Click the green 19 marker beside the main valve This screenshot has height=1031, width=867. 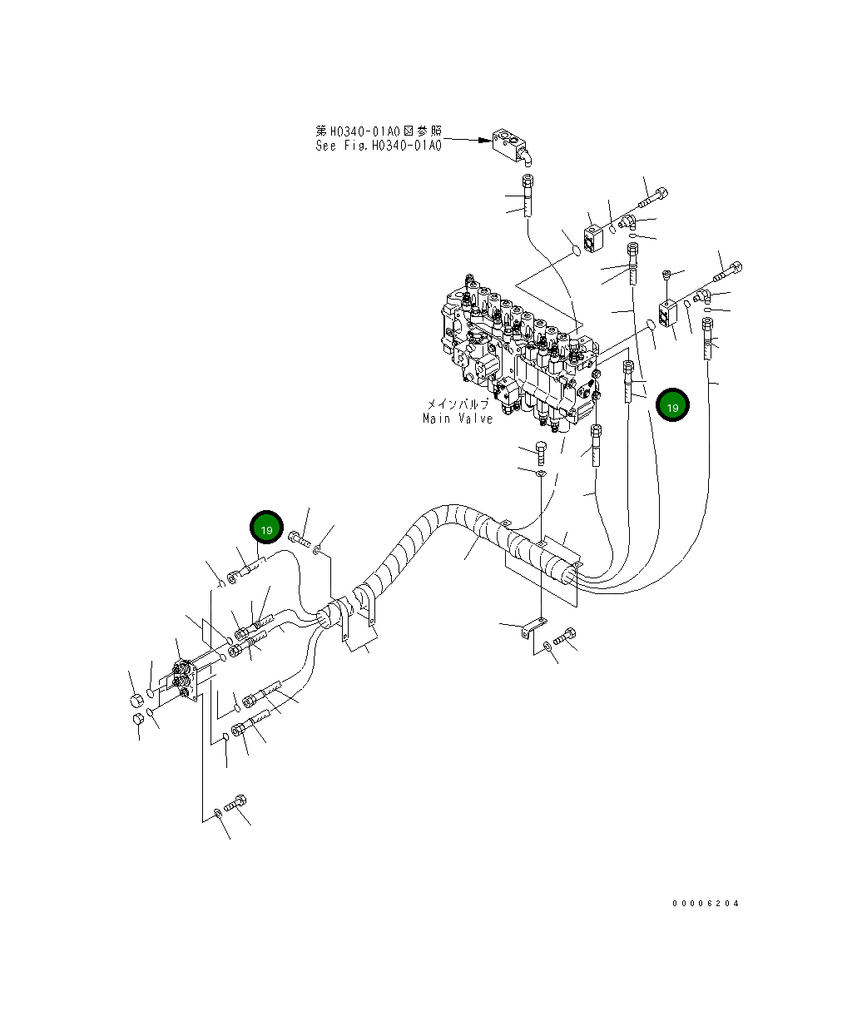(671, 406)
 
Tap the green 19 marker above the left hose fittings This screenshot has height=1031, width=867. (267, 529)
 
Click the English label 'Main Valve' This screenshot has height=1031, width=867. (457, 419)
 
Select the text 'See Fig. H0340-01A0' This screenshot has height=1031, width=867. (378, 146)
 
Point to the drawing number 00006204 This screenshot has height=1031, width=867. (706, 903)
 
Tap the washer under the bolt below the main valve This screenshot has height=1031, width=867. (542, 474)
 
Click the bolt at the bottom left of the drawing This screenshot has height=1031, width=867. (236, 805)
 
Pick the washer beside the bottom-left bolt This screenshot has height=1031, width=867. (217, 812)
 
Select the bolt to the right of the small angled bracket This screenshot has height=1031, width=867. (566, 639)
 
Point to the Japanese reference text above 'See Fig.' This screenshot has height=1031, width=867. (378, 131)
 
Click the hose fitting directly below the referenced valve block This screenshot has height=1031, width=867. (527, 196)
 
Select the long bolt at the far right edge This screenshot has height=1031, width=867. (728, 271)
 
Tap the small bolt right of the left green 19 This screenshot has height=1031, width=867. (299, 539)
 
